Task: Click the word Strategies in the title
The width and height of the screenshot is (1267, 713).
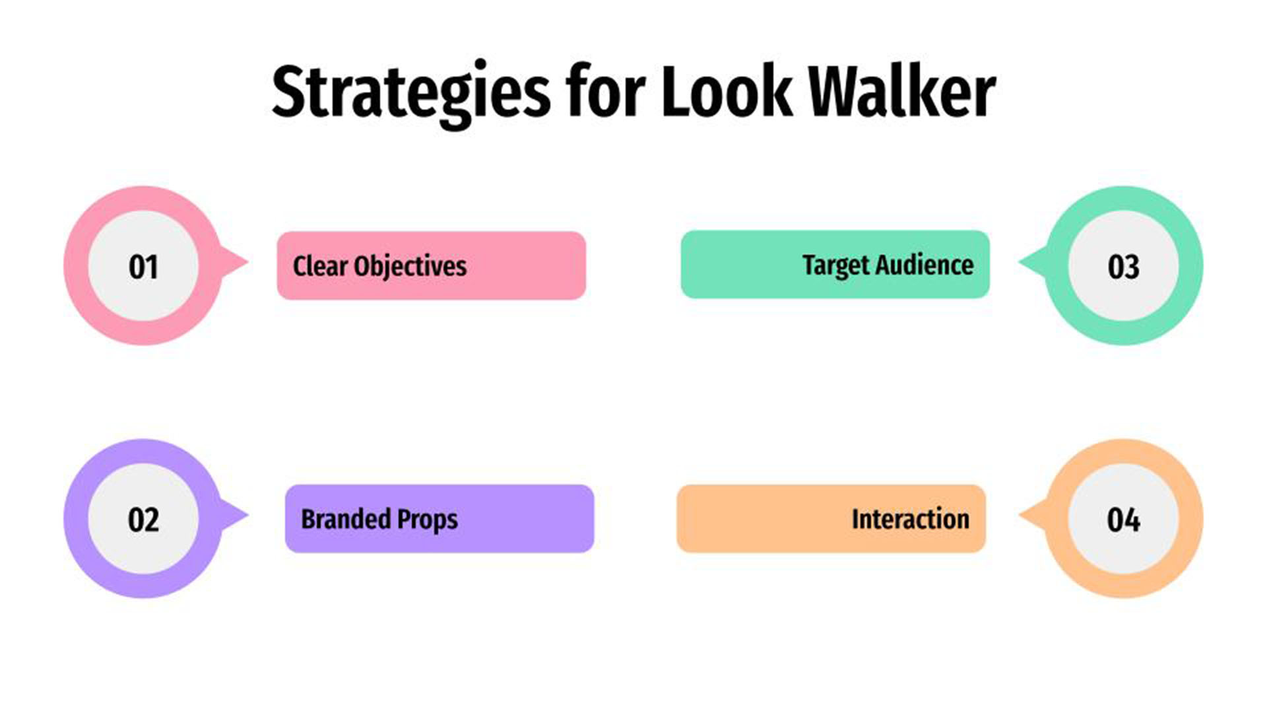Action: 410,92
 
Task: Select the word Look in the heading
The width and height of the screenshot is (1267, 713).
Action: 726,92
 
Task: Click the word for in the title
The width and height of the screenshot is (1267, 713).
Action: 604,92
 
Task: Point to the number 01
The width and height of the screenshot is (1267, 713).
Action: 143,267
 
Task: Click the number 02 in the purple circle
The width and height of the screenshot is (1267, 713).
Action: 143,520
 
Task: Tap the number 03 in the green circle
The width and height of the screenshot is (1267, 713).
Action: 1123,267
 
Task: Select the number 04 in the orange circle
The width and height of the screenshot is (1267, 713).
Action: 1123,520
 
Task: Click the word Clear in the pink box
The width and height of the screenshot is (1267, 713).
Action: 320,266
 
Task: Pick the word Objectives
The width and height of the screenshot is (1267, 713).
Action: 410,266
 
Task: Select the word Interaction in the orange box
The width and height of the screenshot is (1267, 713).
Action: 910,520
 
